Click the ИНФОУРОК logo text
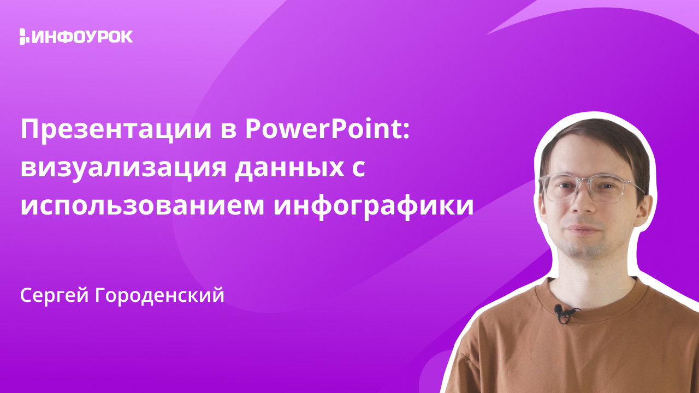(82, 37)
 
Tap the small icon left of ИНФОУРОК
(23, 37)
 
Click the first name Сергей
(54, 295)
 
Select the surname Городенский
(159, 295)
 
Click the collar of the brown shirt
(590, 295)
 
